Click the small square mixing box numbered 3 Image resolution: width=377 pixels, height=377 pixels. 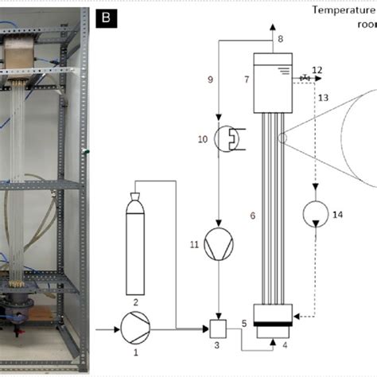point(216,327)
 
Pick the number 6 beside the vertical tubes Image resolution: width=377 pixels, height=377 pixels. point(253,216)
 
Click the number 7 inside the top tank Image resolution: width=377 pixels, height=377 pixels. point(247,81)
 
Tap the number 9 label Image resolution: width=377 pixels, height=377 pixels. point(211,80)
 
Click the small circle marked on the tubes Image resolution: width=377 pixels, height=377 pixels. point(282,138)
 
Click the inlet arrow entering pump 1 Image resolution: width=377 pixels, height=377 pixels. point(106,327)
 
